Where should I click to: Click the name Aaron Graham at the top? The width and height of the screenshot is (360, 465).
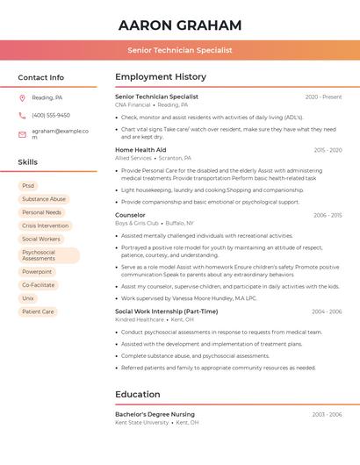click(180, 25)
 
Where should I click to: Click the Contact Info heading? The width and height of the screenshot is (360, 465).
click(40, 77)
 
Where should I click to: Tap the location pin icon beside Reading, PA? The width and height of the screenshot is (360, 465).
click(22, 97)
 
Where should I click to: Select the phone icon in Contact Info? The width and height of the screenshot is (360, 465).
click(22, 115)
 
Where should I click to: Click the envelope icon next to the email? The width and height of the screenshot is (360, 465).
click(22, 134)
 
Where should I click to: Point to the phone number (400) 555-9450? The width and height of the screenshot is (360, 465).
click(51, 115)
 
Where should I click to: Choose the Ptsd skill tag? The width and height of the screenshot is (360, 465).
click(28, 186)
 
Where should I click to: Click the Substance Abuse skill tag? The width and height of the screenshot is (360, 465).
click(44, 199)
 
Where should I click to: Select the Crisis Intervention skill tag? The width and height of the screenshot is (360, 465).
click(45, 225)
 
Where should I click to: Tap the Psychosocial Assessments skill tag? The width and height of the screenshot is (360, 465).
click(48, 255)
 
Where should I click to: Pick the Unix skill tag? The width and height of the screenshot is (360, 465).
click(28, 298)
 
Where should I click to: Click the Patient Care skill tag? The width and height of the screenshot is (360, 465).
click(38, 311)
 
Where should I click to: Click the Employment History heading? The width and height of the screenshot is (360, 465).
click(161, 77)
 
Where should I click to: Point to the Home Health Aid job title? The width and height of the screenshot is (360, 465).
click(140, 150)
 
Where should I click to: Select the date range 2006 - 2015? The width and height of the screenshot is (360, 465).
click(328, 215)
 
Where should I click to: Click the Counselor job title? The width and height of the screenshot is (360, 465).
click(130, 215)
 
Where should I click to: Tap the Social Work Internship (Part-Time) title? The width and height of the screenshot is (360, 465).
click(166, 311)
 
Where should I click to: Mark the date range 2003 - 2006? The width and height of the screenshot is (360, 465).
click(328, 414)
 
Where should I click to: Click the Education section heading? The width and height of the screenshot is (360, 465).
click(138, 394)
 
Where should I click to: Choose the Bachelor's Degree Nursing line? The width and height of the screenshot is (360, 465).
click(155, 414)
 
